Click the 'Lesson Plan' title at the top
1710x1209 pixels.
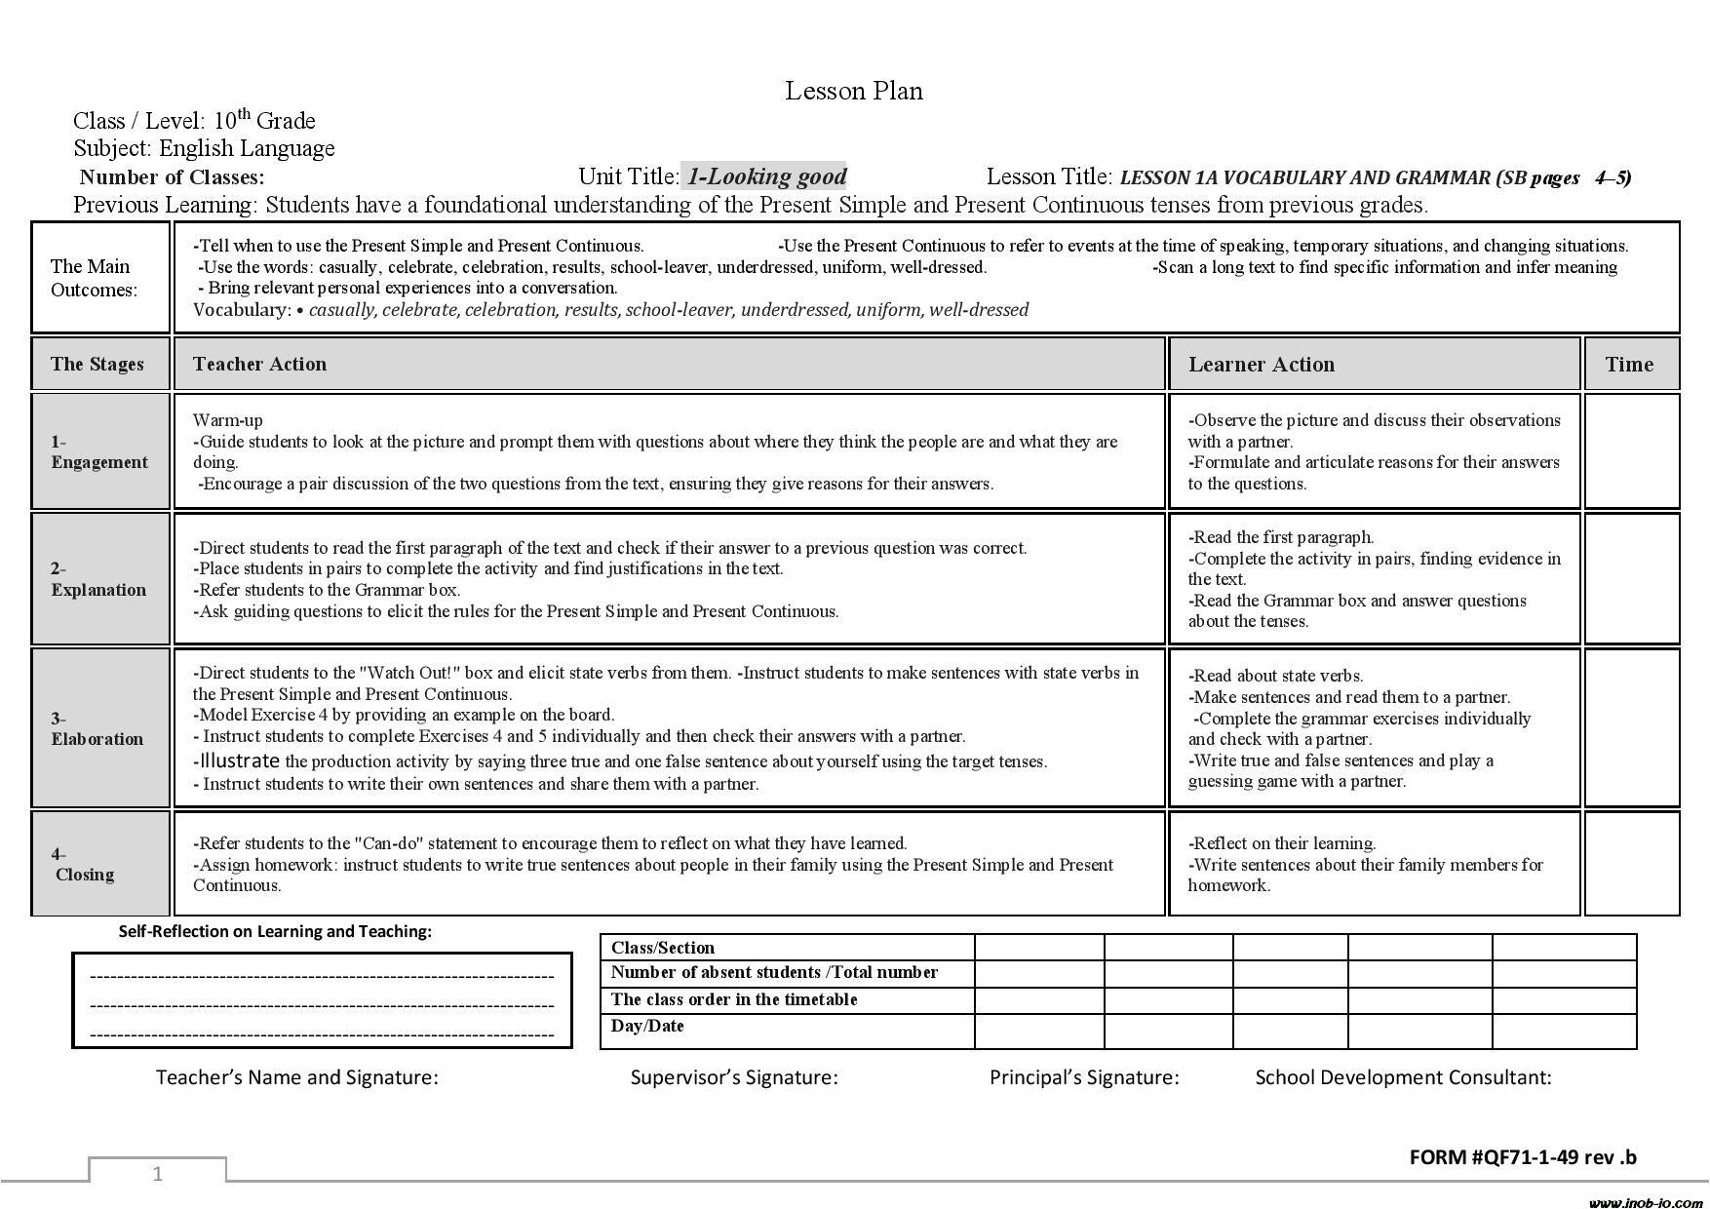854,91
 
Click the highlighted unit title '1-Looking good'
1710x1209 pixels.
765,176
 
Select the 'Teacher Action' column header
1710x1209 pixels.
259,364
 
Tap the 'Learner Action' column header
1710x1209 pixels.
1261,365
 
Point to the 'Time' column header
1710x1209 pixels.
1629,365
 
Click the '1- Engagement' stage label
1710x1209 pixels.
99,451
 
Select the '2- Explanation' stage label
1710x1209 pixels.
98,579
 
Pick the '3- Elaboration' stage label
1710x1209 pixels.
97,728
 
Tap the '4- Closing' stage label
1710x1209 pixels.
84,864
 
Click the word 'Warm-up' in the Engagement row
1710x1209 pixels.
228,420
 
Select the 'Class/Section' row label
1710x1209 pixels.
663,948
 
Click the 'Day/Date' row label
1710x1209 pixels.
647,1026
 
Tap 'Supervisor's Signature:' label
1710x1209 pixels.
734,1077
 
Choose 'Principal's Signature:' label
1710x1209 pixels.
1084,1077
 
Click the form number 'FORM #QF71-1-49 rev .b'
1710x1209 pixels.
1523,1157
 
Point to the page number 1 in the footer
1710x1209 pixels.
158,1173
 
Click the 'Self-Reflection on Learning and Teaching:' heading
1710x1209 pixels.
275,931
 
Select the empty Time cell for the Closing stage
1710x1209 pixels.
1631,864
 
